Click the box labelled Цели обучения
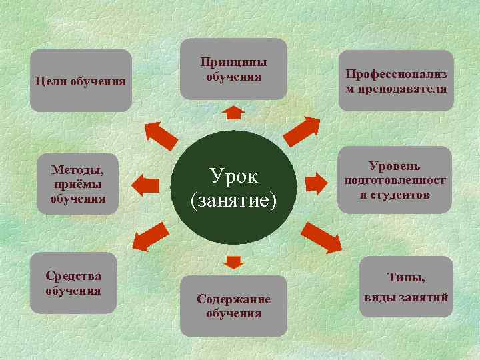coord(81,81)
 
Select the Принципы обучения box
coord(233,69)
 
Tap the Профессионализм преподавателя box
coord(395,81)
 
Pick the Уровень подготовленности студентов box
coord(395,180)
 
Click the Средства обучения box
coord(73,283)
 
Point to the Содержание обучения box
coord(233,305)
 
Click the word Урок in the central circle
coord(233,177)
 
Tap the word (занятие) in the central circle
coord(233,199)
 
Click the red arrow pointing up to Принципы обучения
coord(233,112)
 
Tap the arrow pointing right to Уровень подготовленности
coord(315,181)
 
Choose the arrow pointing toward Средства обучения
coord(149,235)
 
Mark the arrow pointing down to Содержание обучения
coord(233,261)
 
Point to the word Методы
coord(77,171)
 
